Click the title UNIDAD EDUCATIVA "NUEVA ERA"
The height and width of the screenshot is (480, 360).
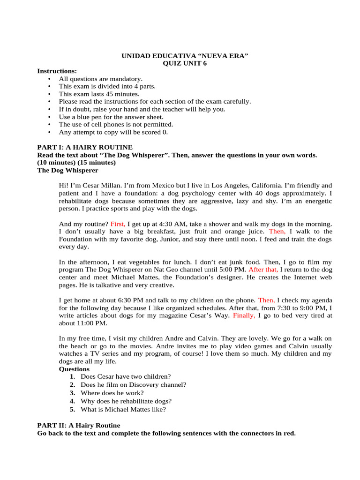click(x=185, y=56)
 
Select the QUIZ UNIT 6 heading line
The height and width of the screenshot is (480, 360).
click(x=184, y=64)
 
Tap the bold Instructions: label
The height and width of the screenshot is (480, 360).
click(x=57, y=71)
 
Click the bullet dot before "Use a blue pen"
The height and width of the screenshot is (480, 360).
click(x=49, y=117)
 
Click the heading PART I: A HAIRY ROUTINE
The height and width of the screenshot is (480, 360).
click(x=84, y=147)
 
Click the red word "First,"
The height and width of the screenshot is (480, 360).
click(x=118, y=224)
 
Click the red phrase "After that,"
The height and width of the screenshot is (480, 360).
click(x=263, y=270)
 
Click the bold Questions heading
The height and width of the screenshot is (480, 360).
click(x=74, y=369)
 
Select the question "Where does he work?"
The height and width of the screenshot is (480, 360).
click(x=112, y=392)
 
